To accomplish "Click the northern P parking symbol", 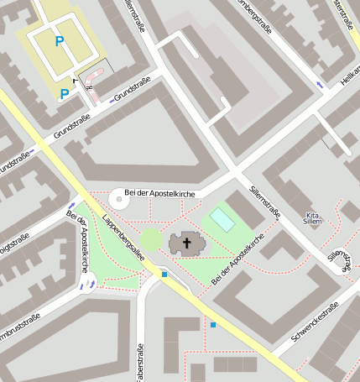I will (59, 40).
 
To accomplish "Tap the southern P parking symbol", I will (65, 94).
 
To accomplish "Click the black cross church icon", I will (186, 244).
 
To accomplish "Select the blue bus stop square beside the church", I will (164, 275).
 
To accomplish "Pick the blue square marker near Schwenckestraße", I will (213, 324).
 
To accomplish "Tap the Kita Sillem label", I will (314, 218).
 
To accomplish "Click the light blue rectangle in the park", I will (222, 219).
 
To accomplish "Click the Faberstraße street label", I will (139, 352).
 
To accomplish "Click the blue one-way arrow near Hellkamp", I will (319, 85).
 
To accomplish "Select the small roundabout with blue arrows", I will (86, 285).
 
